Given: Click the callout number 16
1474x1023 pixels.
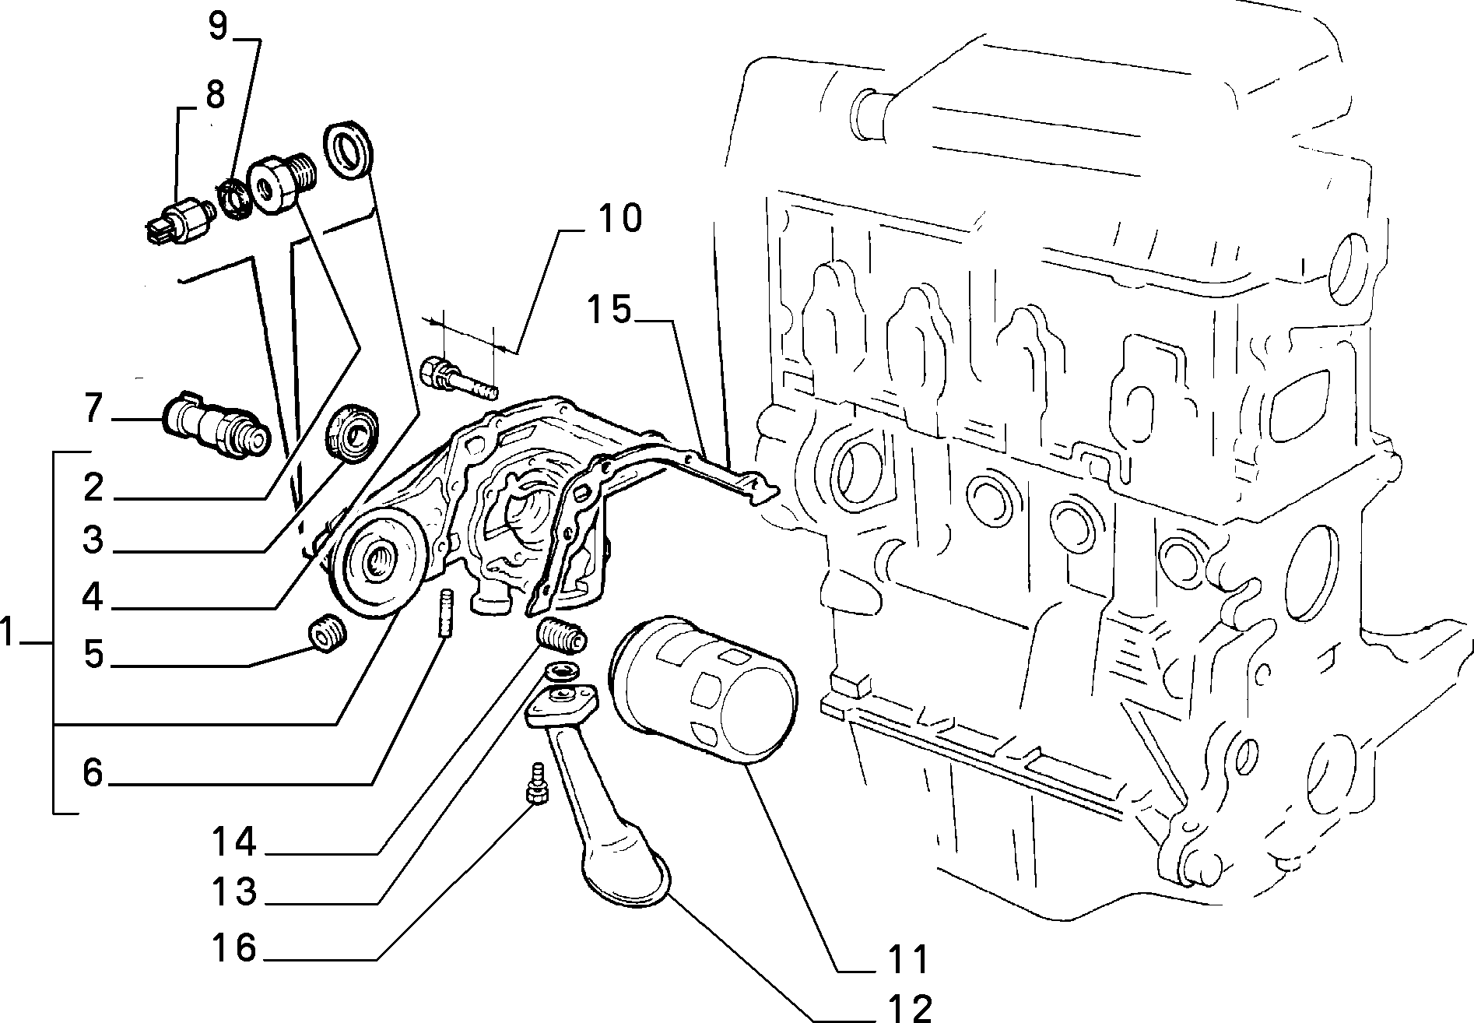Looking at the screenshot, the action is click(234, 947).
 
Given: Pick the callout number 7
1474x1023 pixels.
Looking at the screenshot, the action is click(93, 410).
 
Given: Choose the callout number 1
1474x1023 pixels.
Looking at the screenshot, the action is click(8, 632).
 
